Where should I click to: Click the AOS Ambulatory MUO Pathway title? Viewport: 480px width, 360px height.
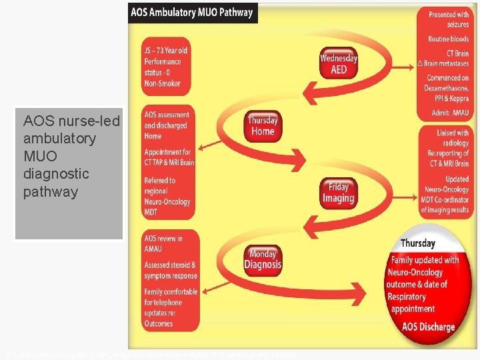[192, 12]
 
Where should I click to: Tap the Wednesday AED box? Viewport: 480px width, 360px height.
[339, 64]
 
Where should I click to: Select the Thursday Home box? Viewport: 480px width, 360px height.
[263, 125]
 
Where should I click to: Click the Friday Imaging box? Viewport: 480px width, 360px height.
[338, 193]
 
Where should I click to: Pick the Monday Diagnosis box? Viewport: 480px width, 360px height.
[263, 259]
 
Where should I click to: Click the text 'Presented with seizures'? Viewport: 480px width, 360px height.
[448, 19]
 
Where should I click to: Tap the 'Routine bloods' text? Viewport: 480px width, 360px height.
[448, 39]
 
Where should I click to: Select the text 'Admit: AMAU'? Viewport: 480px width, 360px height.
[450, 113]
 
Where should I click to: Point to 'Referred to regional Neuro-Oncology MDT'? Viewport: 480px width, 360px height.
[168, 196]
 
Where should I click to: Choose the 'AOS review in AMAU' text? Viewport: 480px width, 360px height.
[163, 243]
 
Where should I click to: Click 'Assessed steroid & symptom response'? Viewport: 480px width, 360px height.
[171, 270]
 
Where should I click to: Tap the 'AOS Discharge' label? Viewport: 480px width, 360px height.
[428, 327]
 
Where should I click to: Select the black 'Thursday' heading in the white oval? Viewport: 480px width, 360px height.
[417, 243]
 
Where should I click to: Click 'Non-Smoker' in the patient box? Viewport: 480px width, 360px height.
[161, 83]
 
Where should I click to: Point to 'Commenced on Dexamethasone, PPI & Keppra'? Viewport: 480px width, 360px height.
[447, 88]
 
